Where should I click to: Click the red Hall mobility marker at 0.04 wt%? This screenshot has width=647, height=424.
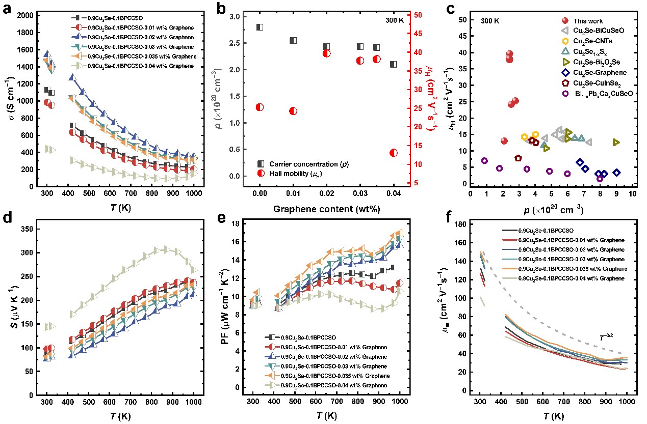393,153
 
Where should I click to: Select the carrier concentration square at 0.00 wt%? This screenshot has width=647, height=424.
260,27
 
